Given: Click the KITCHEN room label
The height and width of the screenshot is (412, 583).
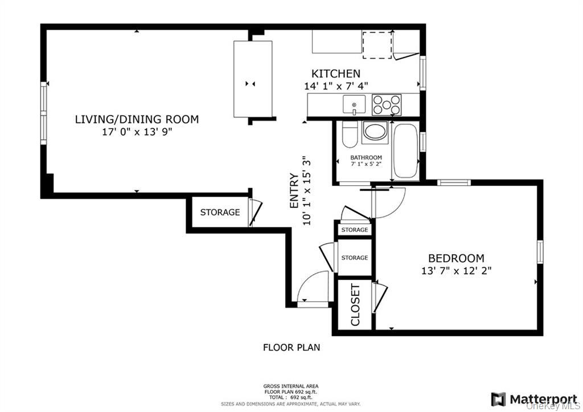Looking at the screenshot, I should (335, 74).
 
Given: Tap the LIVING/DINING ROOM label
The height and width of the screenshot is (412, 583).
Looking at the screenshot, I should (137, 119).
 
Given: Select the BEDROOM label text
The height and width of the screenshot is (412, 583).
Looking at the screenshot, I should (456, 258).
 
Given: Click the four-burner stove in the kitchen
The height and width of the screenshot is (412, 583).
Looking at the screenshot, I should (387, 105).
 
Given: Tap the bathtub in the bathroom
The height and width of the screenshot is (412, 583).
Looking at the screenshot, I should (405, 150).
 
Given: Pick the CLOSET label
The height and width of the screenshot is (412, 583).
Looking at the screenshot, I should (355, 305).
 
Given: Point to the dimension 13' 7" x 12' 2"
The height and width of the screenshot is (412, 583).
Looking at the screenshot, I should (456, 271).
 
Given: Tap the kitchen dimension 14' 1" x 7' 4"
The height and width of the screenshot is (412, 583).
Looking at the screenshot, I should (336, 86).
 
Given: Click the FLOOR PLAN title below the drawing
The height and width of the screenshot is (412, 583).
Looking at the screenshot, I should (291, 346).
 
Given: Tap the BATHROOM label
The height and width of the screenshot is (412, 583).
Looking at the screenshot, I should (366, 158).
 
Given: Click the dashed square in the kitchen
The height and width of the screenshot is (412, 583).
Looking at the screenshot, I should (377, 45).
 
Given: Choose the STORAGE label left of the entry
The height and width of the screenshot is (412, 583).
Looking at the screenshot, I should (220, 213).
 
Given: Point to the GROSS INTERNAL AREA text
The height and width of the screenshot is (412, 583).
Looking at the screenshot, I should (290, 386).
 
